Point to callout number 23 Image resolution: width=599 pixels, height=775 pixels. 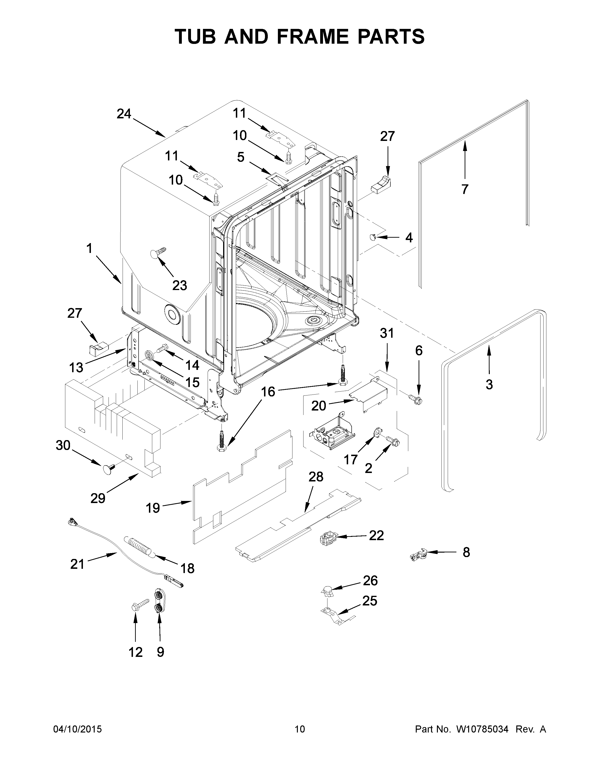click(179, 285)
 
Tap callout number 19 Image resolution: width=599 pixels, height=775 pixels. click(153, 508)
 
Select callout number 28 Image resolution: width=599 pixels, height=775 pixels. click(316, 477)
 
